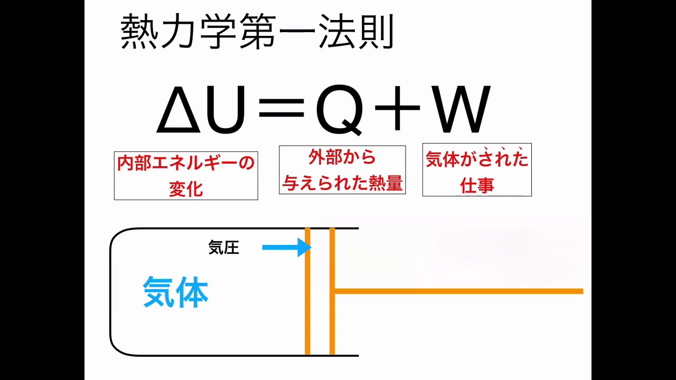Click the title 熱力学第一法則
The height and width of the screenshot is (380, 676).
[257, 33]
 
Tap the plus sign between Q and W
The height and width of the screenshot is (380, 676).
[397, 109]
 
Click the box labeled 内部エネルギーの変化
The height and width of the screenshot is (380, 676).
[186, 176]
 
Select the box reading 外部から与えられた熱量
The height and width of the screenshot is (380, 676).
[342, 170]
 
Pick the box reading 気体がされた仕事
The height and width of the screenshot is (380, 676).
[477, 170]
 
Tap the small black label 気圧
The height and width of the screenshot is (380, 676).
[224, 248]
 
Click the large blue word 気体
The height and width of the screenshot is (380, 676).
[176, 293]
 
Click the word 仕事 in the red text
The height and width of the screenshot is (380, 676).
[477, 186]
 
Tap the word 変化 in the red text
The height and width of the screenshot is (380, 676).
[186, 189]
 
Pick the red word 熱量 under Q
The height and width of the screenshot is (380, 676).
[389, 183]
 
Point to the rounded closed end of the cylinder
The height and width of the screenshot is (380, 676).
[111, 292]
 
